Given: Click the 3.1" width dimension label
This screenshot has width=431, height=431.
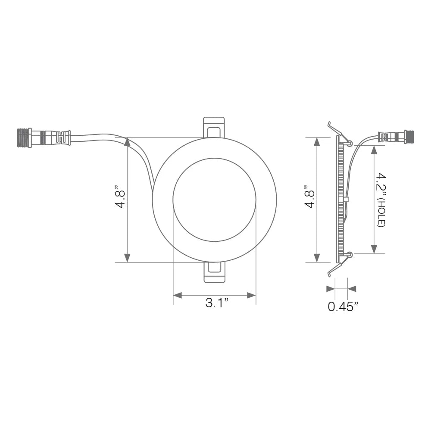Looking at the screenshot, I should [x=216, y=303].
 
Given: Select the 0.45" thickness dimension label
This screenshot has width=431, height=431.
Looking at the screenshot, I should [x=343, y=307].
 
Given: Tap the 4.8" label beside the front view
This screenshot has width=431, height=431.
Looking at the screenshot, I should [x=120, y=197].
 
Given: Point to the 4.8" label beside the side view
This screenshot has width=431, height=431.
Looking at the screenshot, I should [x=309, y=197].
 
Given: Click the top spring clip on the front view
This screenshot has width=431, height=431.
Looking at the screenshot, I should [x=214, y=127].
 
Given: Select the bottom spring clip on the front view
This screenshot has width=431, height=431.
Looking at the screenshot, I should [x=214, y=272].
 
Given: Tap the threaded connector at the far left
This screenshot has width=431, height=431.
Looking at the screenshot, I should [x=24, y=137].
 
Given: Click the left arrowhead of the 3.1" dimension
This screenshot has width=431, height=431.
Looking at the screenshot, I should [x=177, y=295].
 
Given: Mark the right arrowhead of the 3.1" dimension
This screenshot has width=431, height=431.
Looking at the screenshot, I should [x=252, y=295].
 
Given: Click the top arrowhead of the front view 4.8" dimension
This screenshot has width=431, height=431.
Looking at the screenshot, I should [x=127, y=142].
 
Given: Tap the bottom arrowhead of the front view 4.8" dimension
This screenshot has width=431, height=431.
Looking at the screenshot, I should [x=127, y=258].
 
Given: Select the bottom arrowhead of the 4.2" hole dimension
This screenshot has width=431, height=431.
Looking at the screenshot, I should [x=374, y=249].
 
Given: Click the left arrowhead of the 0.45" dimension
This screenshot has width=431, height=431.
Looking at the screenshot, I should [x=331, y=288].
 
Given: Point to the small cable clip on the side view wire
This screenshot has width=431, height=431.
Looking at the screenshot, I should [x=346, y=200].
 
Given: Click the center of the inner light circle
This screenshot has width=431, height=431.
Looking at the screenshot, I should [x=214, y=200].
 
